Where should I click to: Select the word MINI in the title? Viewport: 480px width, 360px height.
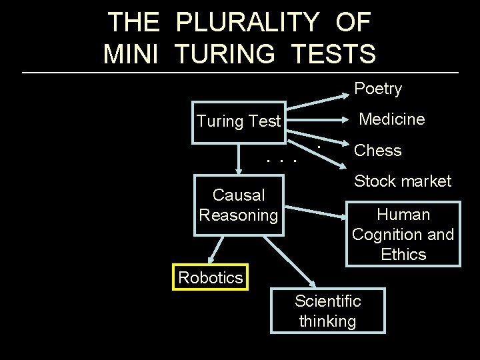131,53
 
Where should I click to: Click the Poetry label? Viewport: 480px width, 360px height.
378,89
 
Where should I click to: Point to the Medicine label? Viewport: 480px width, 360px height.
391,119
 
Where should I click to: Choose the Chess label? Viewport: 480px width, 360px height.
378,151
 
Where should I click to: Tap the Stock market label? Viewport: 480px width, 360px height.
403,181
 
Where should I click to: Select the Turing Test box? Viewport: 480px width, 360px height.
239,122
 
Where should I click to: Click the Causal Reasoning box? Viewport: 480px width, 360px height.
239,205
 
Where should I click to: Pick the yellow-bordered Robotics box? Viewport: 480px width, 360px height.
210,277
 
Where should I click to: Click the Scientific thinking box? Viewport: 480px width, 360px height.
327,311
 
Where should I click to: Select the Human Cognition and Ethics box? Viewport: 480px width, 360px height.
403,235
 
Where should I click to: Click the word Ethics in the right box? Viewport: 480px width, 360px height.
403,255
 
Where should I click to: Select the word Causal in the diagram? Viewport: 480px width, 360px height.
239,195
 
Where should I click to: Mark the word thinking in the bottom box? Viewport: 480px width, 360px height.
327,321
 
